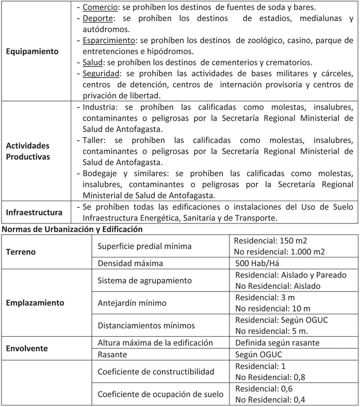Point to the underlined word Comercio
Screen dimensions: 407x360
[x=100, y=8]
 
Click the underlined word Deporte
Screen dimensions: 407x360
[x=97, y=19]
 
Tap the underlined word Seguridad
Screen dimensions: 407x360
[x=102, y=73]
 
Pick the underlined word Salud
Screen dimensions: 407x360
[x=92, y=62]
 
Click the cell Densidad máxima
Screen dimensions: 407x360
[x=130, y=263]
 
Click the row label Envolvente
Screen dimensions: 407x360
[x=27, y=348]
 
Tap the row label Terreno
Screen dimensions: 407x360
[x=22, y=252]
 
